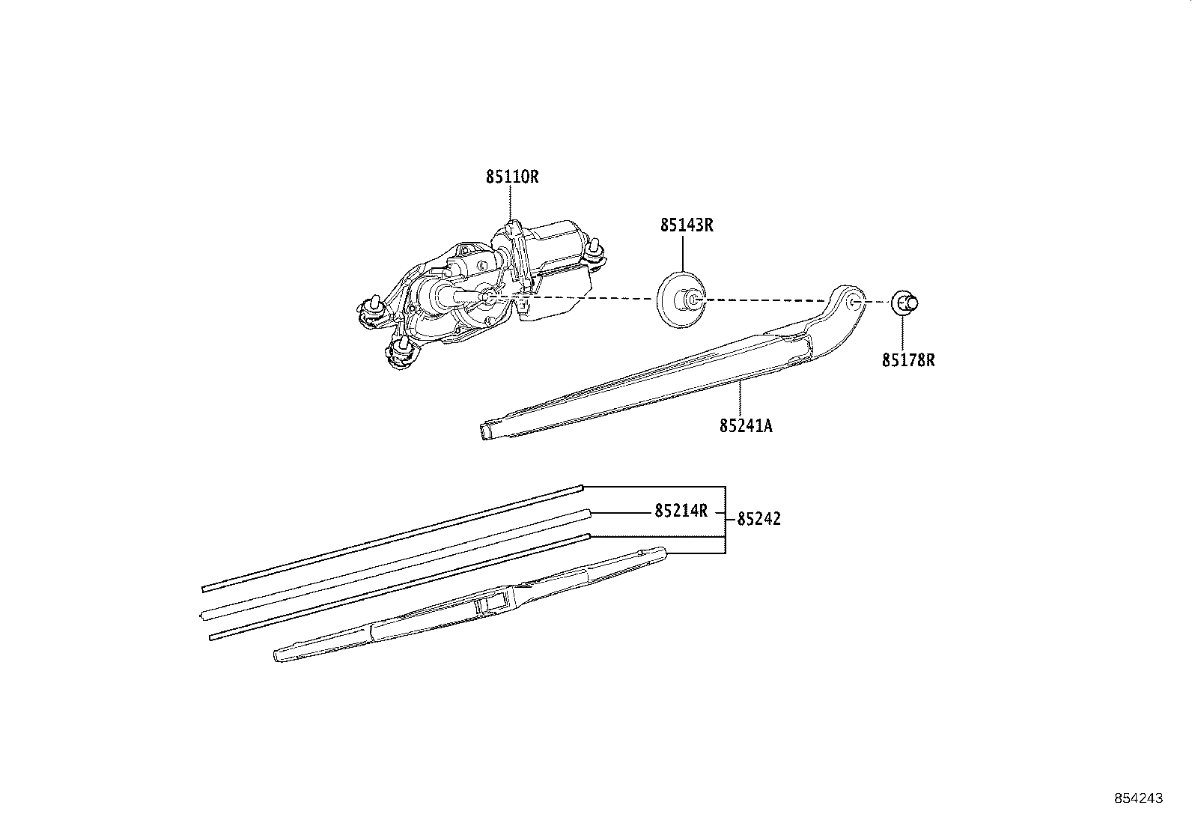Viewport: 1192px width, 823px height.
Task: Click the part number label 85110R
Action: click(512, 177)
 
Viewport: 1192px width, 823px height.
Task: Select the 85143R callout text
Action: click(686, 225)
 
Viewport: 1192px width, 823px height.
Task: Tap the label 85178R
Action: click(907, 360)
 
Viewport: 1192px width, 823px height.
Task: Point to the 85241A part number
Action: click(746, 426)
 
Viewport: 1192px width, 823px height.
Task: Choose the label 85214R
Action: click(681, 511)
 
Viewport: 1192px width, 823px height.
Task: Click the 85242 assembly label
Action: click(758, 519)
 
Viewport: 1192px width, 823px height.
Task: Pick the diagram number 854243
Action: click(1138, 798)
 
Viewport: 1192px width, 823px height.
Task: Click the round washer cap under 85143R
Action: click(678, 300)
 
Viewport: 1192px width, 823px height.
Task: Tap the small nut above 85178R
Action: click(904, 303)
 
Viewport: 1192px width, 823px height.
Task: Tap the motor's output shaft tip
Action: click(485, 298)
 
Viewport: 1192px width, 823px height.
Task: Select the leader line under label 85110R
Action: click(511, 202)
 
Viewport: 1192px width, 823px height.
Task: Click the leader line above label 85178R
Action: click(903, 333)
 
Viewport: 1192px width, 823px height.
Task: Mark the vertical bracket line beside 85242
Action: click(725, 519)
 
